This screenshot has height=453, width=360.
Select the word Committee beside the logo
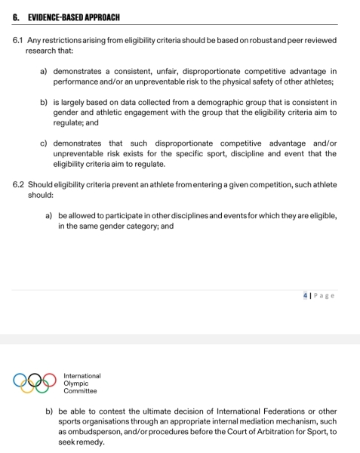point(80,391)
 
